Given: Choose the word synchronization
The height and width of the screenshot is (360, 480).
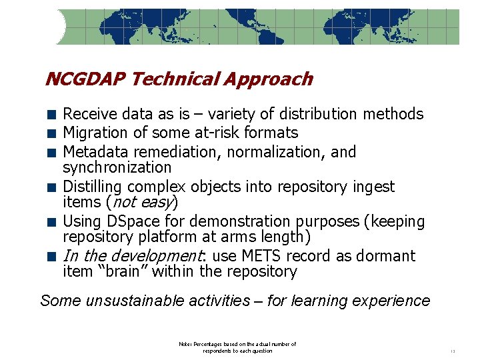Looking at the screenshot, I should [117, 167].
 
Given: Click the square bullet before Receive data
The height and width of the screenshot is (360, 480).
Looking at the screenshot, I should [51, 115].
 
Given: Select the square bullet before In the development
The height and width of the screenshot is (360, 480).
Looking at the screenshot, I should [51, 257].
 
